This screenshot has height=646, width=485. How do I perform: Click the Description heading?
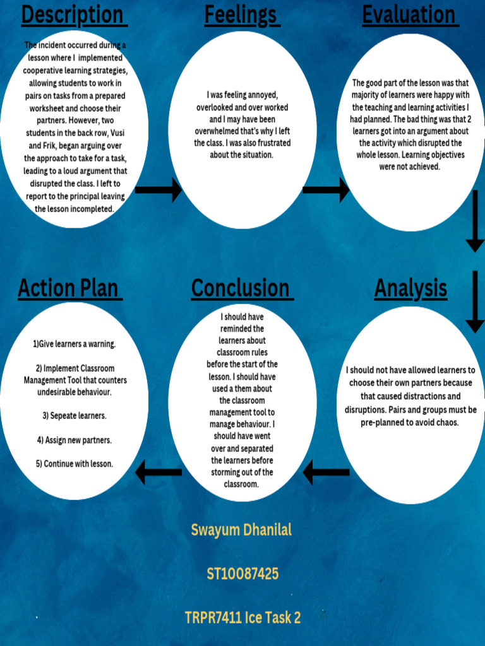pos(74,15)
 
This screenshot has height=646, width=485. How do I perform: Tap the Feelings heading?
pos(241,15)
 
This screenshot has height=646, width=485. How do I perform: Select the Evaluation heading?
pos(410,15)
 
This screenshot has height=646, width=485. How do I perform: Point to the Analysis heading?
pos(410,288)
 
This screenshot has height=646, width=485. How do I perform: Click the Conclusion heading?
pos(241,288)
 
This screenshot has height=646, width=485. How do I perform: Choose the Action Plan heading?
pos(69,288)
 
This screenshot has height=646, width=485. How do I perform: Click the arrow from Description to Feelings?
pos(158,189)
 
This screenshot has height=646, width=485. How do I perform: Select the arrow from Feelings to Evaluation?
pos(326,189)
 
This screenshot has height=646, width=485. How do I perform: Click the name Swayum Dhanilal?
pos(241,530)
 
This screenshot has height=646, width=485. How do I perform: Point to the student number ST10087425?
pos(242,574)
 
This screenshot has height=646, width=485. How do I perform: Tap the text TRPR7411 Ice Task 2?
pos(242,618)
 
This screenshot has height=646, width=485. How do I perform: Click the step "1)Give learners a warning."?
pos(75,344)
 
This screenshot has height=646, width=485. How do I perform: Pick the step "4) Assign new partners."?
pos(75,440)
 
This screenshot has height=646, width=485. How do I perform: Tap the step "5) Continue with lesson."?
pos(75,464)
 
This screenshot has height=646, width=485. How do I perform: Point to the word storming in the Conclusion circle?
pos(228,473)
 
